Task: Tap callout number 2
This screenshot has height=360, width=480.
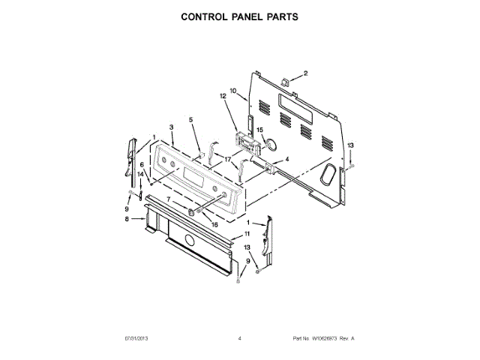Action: (306, 73)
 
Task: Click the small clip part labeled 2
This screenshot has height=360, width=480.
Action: (285, 79)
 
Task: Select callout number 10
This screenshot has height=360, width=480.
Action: (232, 91)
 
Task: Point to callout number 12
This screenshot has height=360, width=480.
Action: (223, 97)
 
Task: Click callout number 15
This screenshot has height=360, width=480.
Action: (261, 130)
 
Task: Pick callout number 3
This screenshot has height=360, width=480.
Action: (171, 127)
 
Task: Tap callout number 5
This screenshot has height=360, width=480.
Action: (190, 120)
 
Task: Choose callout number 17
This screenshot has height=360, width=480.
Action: (226, 160)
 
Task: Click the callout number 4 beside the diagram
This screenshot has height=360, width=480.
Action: (286, 160)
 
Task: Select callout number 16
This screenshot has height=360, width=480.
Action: (214, 223)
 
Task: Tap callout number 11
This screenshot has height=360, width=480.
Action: (247, 234)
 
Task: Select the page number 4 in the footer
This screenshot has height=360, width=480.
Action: (240, 339)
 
